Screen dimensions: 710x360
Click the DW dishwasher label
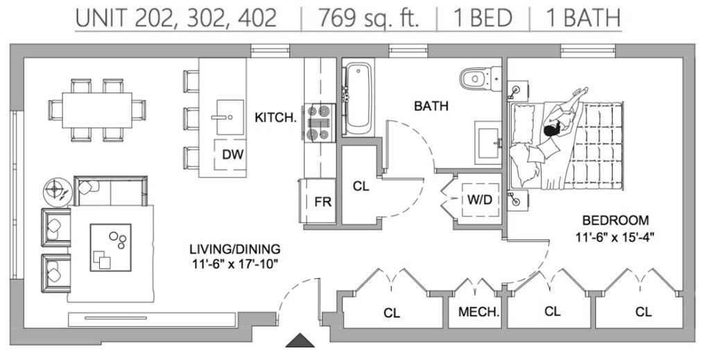(x=232, y=155)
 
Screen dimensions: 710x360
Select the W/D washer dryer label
(x=480, y=200)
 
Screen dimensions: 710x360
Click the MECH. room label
(x=478, y=312)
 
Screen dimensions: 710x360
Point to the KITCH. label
(x=276, y=117)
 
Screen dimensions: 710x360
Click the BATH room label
(x=431, y=106)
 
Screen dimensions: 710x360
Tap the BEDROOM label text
(x=616, y=221)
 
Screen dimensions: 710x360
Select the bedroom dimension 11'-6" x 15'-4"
(x=616, y=236)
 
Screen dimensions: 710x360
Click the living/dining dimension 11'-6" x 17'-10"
(x=234, y=264)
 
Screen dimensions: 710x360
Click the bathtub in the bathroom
(x=358, y=97)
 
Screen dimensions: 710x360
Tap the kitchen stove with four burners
(x=321, y=123)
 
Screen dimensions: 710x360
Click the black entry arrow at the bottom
(x=300, y=340)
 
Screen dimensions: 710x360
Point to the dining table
(x=97, y=110)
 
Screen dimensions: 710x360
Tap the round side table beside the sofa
(x=55, y=189)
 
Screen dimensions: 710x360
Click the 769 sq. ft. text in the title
(x=369, y=18)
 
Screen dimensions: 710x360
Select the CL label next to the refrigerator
(x=361, y=186)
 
